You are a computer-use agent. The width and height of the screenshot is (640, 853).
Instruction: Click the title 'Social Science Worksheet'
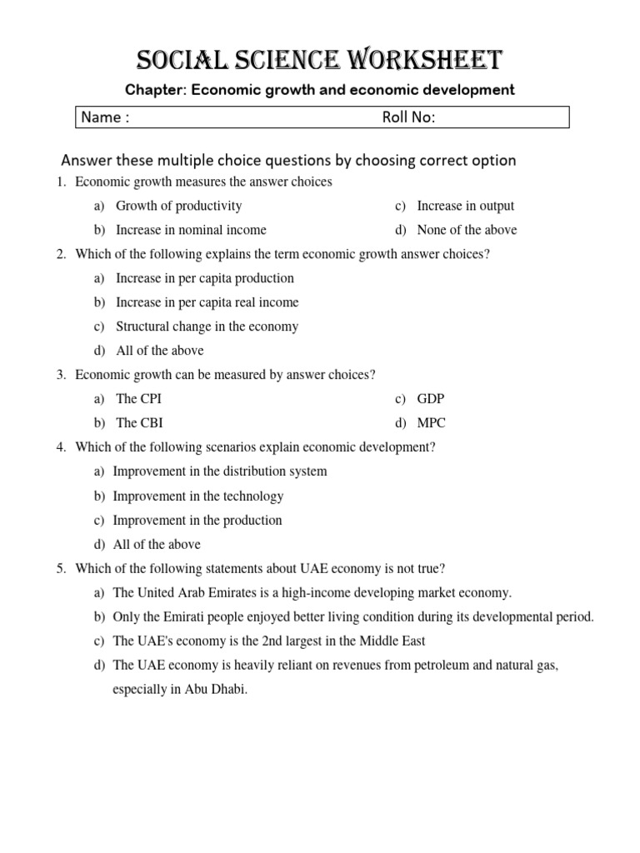[320, 61]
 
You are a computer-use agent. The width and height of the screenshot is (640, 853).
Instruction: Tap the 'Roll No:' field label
[408, 117]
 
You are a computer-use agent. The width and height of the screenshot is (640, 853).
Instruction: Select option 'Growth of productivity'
[178, 206]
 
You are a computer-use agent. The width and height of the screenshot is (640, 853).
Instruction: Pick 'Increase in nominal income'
[191, 230]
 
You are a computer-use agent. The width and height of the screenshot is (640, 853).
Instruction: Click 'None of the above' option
[467, 230]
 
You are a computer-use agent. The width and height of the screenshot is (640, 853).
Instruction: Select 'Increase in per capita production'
[204, 278]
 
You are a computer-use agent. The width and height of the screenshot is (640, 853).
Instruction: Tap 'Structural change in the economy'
[207, 327]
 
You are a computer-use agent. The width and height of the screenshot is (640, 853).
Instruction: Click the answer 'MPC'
[432, 423]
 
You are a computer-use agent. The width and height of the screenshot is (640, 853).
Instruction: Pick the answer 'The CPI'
[138, 399]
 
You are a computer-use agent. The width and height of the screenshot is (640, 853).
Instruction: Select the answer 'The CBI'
[138, 423]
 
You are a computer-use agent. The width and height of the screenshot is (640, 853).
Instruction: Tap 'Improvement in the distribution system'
[219, 471]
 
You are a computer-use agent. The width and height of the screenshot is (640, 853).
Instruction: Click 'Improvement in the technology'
[197, 496]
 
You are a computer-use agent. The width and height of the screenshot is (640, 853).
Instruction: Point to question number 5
[62, 569]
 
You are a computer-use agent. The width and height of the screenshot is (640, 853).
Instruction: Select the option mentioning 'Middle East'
[269, 641]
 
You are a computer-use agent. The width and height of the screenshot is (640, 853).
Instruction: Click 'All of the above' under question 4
[157, 545]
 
